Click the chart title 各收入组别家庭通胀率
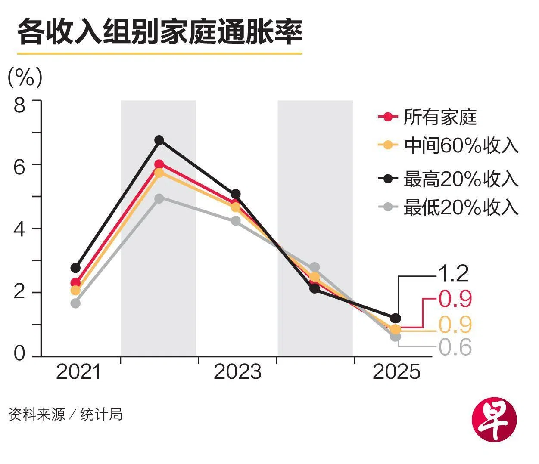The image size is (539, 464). pos(159,31)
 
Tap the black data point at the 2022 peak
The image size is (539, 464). pos(159,140)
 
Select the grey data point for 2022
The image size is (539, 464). pos(159,198)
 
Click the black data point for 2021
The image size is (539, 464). pos(75,268)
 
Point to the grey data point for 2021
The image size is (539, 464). pos(75,303)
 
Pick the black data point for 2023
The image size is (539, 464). pos(236,194)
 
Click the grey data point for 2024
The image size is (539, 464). pos(315,267)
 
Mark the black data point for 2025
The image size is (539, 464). pos(396,318)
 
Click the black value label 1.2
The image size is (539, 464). pos(452,273)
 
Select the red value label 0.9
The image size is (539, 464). pos(455,299)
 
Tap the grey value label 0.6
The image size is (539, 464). pos(455,347)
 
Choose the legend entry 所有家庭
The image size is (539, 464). pos(439,117)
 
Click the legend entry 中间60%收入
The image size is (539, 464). pos(461,145)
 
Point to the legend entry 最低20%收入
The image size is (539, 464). pos(461,207)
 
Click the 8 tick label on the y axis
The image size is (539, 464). pos(20,105)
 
